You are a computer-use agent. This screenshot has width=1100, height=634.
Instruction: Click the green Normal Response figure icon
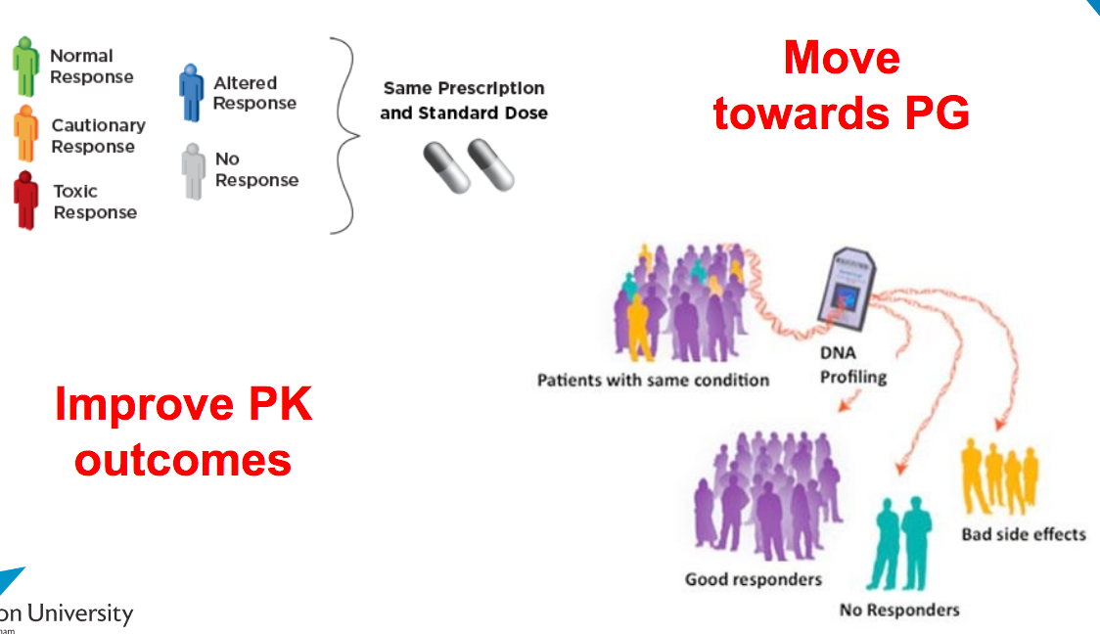(25, 67)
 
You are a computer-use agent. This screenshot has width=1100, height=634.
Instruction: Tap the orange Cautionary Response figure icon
(25, 135)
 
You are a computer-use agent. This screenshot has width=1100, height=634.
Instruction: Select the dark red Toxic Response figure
(25, 201)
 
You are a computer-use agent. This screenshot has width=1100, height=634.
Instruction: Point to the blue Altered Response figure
(191, 93)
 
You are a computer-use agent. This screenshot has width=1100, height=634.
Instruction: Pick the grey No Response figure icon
(193, 170)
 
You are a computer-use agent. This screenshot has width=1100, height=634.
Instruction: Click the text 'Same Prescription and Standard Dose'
(463, 101)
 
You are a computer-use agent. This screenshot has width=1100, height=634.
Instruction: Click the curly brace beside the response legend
(343, 135)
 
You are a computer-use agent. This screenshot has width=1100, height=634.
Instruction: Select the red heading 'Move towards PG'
(841, 86)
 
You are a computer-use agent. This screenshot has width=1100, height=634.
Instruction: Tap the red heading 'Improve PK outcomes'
(183, 430)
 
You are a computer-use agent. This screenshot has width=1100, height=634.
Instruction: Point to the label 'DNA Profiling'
(852, 364)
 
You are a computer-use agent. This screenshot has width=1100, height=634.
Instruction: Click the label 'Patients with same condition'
(653, 380)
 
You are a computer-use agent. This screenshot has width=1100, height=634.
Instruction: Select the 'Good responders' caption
(753, 579)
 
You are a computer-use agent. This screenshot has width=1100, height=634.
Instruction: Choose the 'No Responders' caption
(899, 611)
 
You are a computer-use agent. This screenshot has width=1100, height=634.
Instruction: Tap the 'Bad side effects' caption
(1023, 534)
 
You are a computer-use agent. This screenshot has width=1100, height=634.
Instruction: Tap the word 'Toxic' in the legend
(75, 191)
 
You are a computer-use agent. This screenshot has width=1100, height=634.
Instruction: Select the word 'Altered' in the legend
(245, 83)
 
